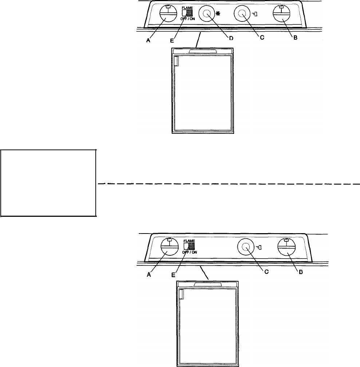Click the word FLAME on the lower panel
pyautogui.click(x=190, y=241)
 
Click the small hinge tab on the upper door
pyautogui.click(x=176, y=61)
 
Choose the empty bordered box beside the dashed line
pyautogui.click(x=48, y=182)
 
